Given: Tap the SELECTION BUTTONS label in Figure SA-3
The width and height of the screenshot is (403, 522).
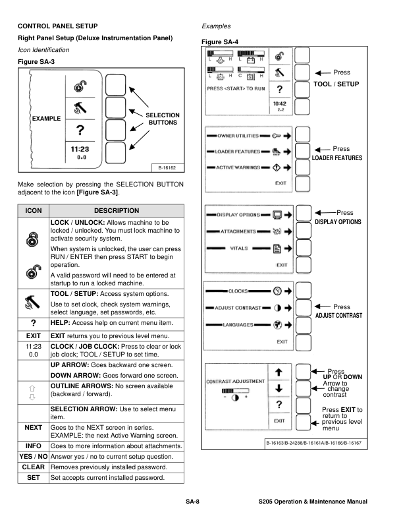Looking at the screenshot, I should [163, 119].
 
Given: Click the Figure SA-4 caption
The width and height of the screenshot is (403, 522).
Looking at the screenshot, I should [220, 42].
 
